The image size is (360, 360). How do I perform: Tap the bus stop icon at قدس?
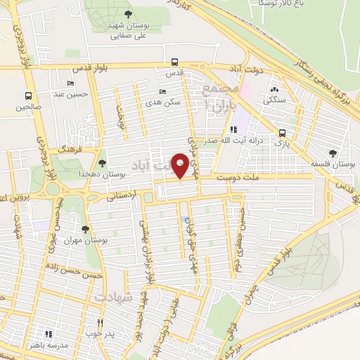coord(174,61)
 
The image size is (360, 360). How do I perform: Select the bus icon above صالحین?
coord(29,96)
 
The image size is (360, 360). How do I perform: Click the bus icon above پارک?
coord(282,132)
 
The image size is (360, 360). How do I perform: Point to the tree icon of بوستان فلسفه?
coord(333,153)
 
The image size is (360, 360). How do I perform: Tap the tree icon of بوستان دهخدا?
coord(103,163)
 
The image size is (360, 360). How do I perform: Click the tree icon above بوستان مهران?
coord(85,229)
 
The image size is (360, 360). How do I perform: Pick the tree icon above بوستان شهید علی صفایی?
coord(127,13)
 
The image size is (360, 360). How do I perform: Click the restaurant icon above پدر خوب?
coord(100,323)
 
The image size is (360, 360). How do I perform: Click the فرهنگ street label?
coord(71,150)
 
